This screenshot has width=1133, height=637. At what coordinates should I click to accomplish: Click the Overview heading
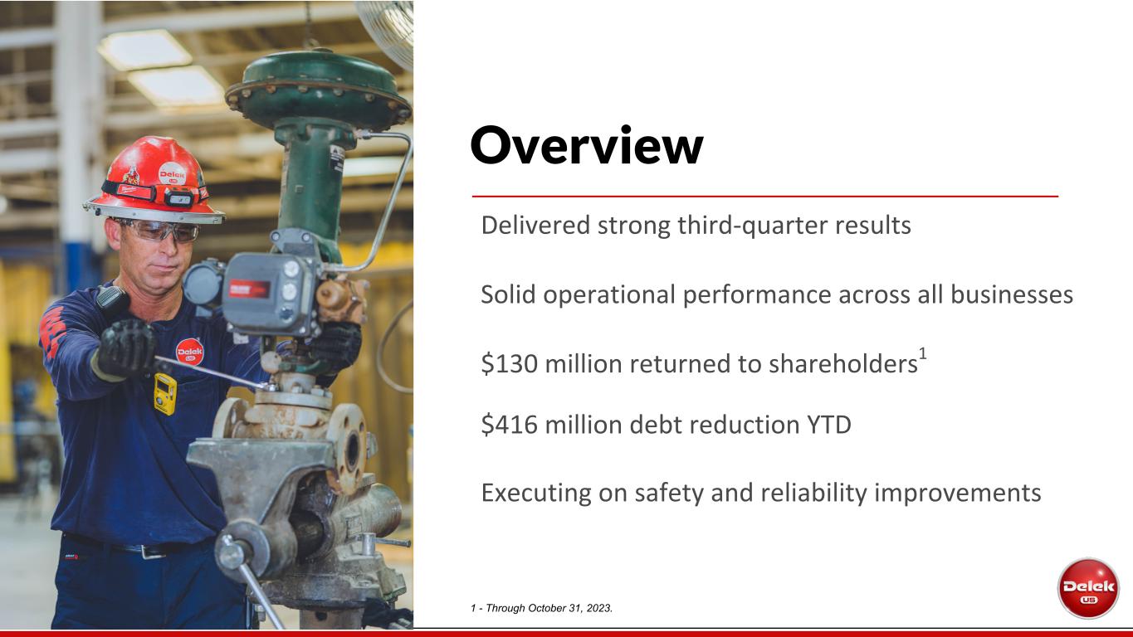587,146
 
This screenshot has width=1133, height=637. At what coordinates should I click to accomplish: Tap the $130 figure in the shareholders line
510,363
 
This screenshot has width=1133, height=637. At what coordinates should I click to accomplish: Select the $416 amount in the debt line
510,424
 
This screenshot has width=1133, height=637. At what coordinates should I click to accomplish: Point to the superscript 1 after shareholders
923,353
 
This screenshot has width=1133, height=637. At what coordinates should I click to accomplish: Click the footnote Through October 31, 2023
549,608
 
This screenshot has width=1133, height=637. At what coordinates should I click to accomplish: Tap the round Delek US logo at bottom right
1088,588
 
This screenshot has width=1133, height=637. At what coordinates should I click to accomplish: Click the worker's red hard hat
154,179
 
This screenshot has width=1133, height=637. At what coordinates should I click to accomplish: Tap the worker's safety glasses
161,230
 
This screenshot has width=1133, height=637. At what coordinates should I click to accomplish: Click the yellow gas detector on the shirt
165,394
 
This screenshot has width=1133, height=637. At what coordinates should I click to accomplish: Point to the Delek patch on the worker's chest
190,352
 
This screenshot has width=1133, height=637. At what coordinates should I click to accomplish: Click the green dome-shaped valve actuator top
318,89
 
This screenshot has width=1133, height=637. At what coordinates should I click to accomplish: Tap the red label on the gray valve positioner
249,289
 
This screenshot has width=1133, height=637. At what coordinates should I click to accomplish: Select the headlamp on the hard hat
179,197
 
